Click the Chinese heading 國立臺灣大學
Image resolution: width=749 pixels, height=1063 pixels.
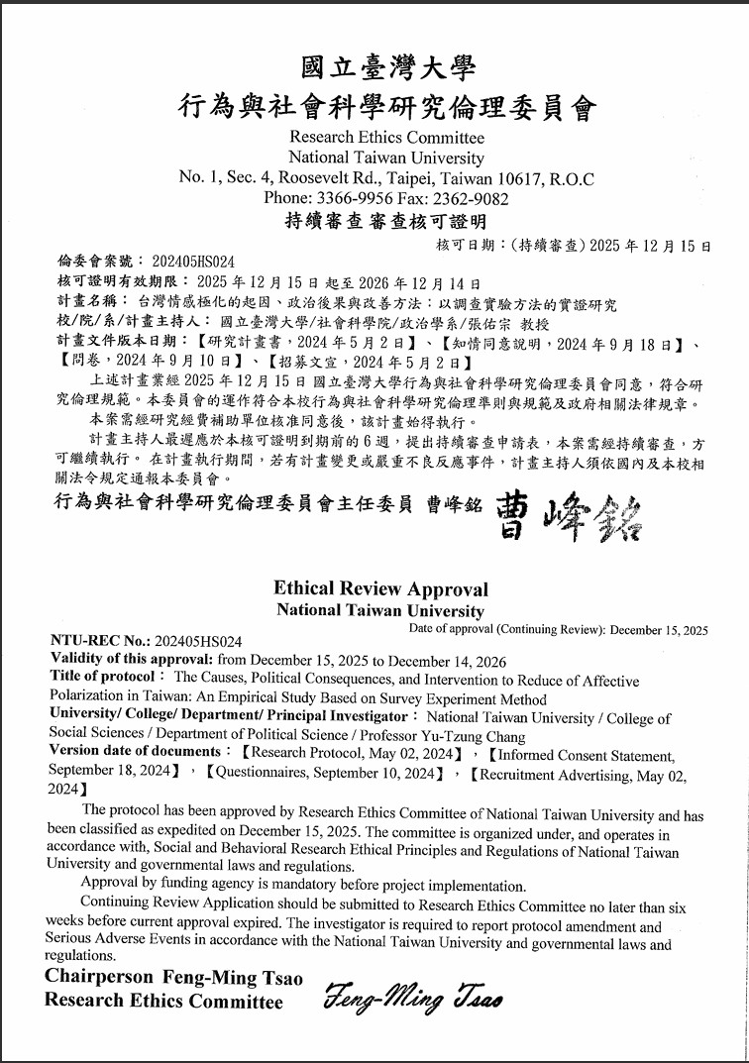pyautogui.click(x=387, y=67)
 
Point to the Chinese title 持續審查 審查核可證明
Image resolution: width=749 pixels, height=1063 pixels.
pyautogui.click(x=386, y=220)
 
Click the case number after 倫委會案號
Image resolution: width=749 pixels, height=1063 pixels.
pyautogui.click(x=193, y=262)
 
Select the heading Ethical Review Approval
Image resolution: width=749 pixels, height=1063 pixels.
pyautogui.click(x=380, y=588)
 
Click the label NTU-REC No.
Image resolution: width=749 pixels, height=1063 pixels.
pyautogui.click(x=95, y=642)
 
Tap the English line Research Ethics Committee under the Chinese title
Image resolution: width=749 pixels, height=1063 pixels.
pyautogui.click(x=387, y=138)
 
